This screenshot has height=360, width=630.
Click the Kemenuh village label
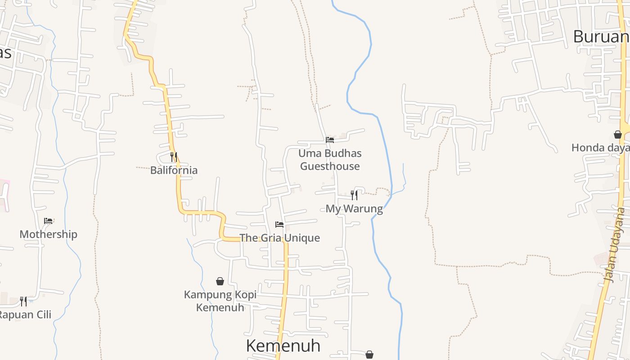point(283,346)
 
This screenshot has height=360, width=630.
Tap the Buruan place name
point(601,37)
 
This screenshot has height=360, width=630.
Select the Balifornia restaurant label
point(174,170)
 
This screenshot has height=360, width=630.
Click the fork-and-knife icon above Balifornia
point(174,157)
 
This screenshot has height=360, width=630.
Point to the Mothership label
point(48,234)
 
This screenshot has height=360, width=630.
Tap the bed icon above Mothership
point(48,221)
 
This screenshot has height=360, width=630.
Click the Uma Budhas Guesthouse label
point(330,160)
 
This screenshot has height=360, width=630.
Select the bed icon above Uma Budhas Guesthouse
point(330,140)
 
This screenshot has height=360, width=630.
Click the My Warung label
point(354,209)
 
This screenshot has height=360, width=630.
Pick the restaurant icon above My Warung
point(354,195)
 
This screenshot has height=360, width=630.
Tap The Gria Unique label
point(279,238)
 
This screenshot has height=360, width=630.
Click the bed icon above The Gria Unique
point(279,225)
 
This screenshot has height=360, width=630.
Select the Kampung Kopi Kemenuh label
point(220,301)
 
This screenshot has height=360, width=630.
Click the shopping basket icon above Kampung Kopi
point(220,282)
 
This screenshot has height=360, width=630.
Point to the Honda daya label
point(600,148)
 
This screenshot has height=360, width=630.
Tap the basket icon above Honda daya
point(618,135)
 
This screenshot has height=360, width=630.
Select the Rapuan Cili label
point(25,315)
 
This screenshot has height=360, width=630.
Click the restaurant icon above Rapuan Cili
point(23,301)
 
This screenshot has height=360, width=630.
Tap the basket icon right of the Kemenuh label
point(369,355)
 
